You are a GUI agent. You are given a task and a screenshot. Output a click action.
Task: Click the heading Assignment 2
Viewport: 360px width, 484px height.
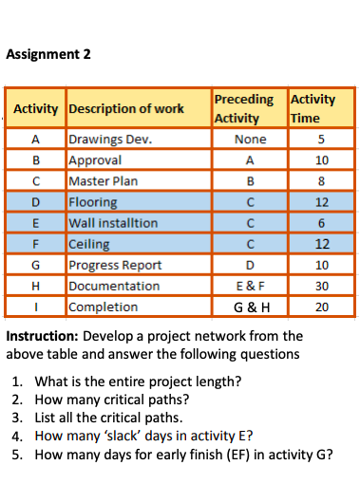(x=48, y=53)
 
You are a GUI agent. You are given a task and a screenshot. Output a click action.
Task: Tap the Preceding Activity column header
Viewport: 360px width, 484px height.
(x=243, y=108)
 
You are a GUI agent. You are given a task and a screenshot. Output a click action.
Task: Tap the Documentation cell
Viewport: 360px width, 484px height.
(x=114, y=286)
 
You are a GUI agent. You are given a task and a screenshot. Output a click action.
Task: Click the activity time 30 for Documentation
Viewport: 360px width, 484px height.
(x=321, y=286)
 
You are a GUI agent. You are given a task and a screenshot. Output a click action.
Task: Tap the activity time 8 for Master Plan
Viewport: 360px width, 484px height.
(x=321, y=181)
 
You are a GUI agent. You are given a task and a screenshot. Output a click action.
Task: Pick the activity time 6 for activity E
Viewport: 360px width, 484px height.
(x=321, y=223)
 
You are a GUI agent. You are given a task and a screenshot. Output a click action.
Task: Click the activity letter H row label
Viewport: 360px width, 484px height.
(x=35, y=286)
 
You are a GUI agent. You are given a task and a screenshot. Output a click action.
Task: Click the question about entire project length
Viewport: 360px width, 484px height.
(x=137, y=383)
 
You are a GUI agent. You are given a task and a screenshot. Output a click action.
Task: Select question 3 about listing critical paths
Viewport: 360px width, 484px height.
(x=115, y=419)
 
